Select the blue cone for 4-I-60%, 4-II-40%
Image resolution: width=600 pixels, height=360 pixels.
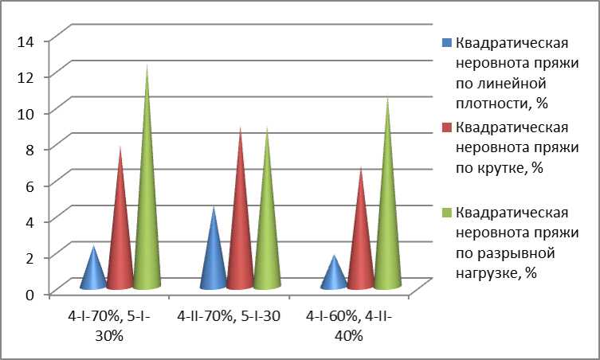[x=333, y=276]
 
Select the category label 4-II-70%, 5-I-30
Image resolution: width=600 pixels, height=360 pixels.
[x=229, y=317]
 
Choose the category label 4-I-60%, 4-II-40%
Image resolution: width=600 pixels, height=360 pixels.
[x=348, y=326]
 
